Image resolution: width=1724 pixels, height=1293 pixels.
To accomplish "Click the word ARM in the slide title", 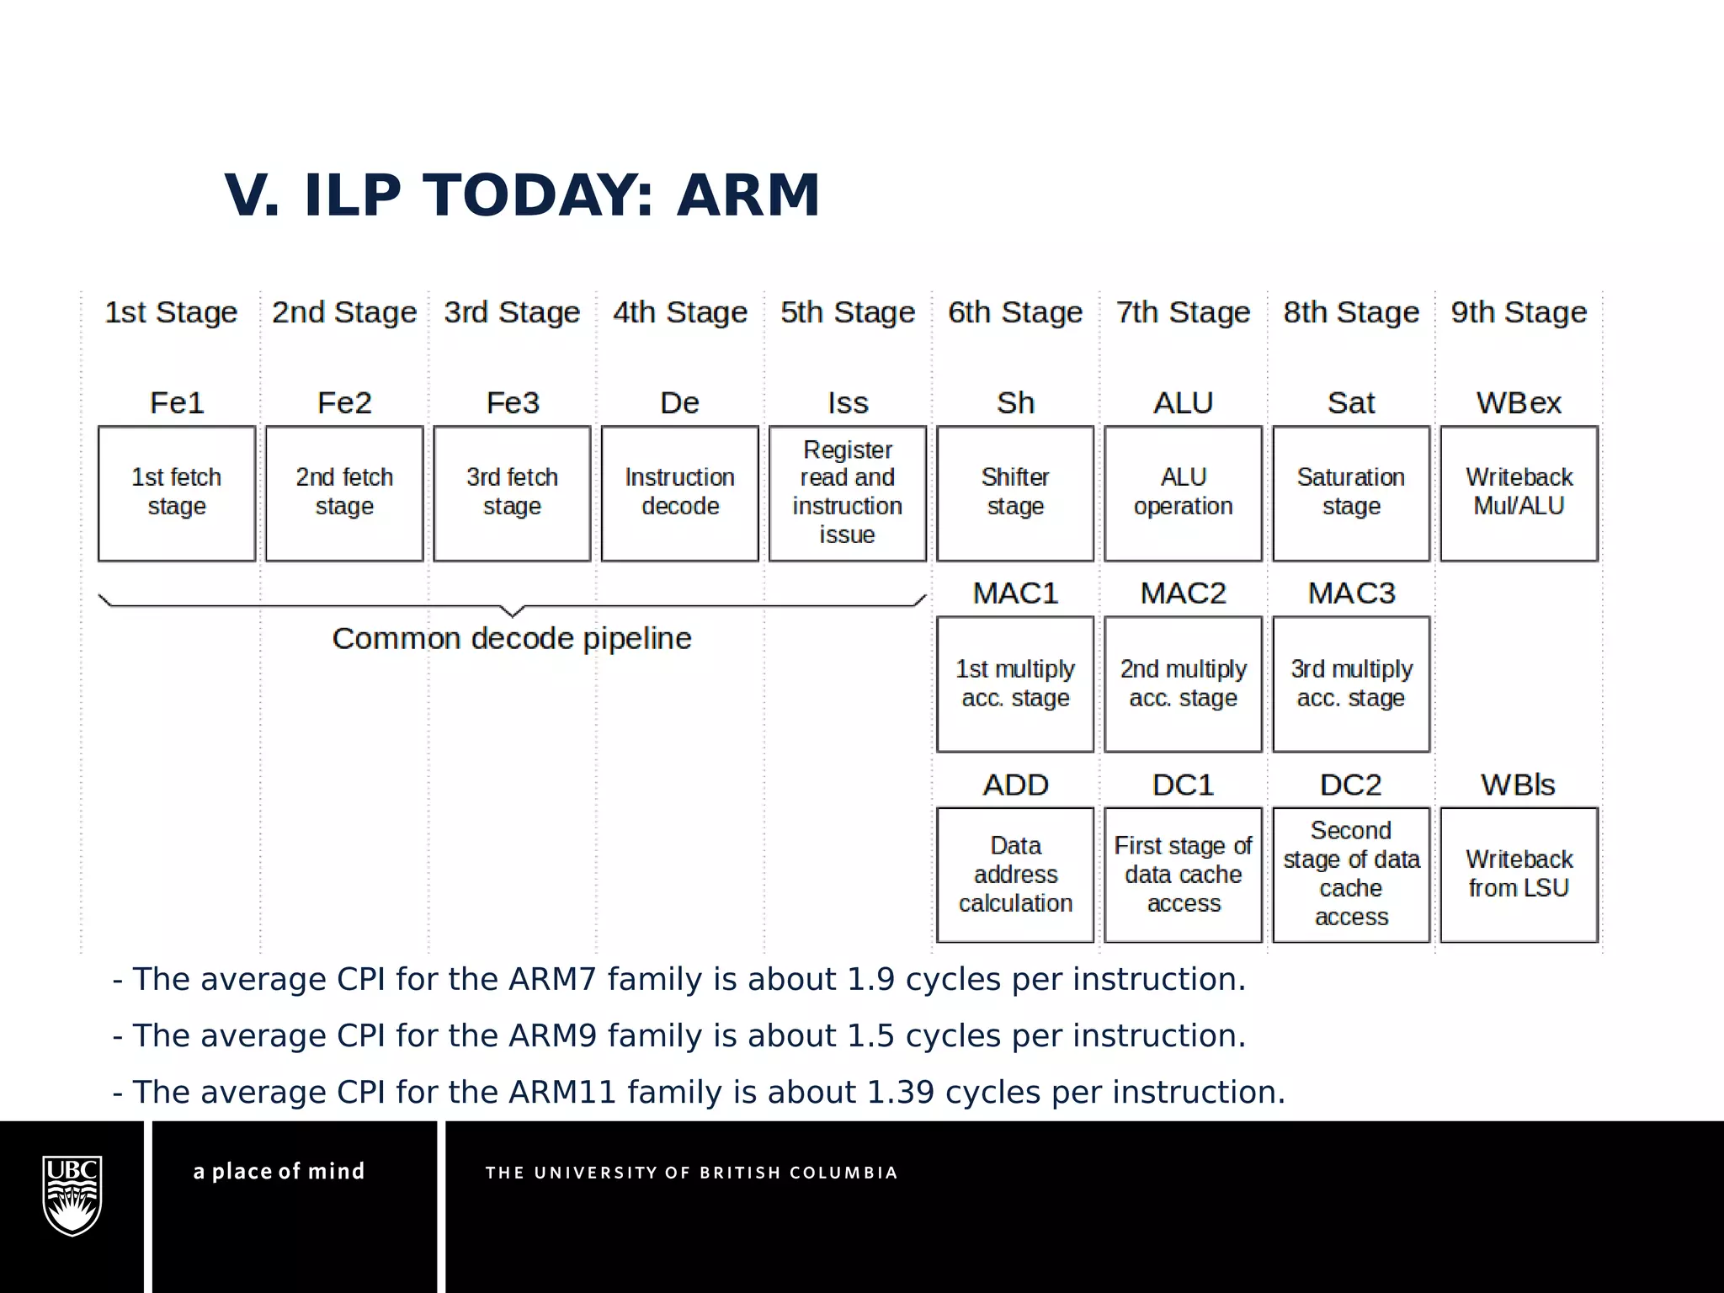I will coord(748,195).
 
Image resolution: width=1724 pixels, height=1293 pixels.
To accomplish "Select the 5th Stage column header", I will coord(847,312).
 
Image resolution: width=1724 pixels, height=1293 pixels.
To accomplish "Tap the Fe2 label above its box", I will coord(344,403).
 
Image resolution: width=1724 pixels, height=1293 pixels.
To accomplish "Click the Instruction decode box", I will coord(679,493).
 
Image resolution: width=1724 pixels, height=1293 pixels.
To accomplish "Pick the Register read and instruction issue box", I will coord(847,493).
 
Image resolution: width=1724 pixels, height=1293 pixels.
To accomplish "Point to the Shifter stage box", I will coord(1014,493).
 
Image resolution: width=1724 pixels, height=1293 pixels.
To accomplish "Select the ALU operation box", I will coord(1183,493).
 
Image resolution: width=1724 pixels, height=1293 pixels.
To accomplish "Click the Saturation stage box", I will coord(1350,493).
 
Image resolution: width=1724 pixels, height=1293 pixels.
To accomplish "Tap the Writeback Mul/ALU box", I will coord(1519,493).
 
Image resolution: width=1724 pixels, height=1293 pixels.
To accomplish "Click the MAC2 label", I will coord(1183,593).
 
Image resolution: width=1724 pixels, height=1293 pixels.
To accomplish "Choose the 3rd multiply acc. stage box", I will coord(1350,684).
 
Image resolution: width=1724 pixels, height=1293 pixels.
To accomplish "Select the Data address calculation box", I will coord(1014,875).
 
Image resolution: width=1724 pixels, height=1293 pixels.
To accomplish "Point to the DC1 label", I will coord(1183,785).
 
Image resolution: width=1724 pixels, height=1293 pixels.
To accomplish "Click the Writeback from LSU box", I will coord(1519,875).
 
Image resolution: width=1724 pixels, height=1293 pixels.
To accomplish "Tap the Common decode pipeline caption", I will coord(511,639).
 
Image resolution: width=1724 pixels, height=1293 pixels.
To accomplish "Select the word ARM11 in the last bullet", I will coord(561,1093).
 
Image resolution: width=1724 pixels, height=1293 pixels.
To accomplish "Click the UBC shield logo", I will coord(72,1195).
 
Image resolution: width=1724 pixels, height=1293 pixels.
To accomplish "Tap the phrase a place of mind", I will coord(279,1172).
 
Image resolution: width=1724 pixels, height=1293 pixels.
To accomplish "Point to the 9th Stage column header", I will coord(1519,312).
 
